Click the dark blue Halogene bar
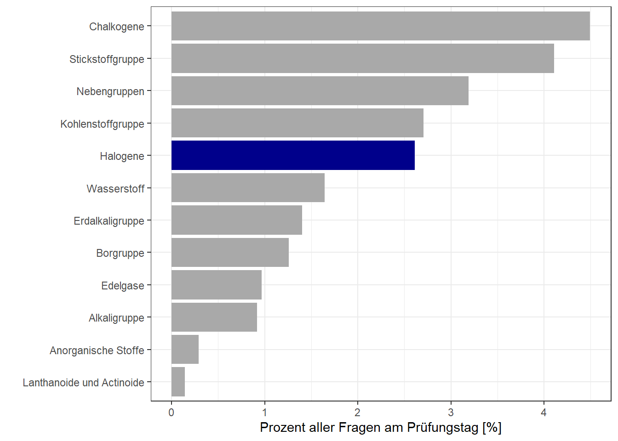(293, 155)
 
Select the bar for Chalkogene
(380, 26)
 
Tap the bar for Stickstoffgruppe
(362, 58)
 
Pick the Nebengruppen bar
(320, 91)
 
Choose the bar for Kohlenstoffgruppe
(297, 123)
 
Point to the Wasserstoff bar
(248, 188)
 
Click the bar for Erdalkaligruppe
(236, 220)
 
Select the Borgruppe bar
(230, 253)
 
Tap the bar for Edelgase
(216, 285)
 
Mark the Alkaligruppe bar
(214, 317)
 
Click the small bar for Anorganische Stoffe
(185, 350)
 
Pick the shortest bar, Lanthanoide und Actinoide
(178, 382)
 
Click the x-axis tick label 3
(451, 413)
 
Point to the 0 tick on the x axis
(172, 413)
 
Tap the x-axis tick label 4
(544, 413)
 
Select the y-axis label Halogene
(122, 156)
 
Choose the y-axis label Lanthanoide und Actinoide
(83, 383)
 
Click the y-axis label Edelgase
(122, 286)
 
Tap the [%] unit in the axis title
(492, 428)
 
